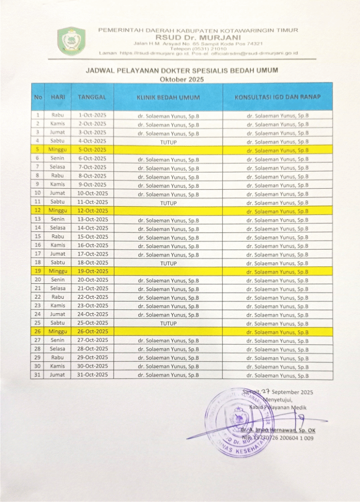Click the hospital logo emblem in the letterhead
[x=72, y=41]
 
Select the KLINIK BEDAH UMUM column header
[x=168, y=98]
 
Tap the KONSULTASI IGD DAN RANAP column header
[x=278, y=97]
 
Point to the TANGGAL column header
[x=92, y=98]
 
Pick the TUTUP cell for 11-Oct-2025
[x=168, y=202]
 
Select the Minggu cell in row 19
[x=58, y=271]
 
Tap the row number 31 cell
[x=37, y=375]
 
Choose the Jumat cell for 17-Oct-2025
[x=58, y=254]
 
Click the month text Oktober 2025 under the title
[x=182, y=79]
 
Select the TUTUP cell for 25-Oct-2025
[x=168, y=324]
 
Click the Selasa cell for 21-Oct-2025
[x=58, y=289]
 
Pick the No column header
[x=37, y=98]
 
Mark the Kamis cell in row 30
[x=58, y=366]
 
